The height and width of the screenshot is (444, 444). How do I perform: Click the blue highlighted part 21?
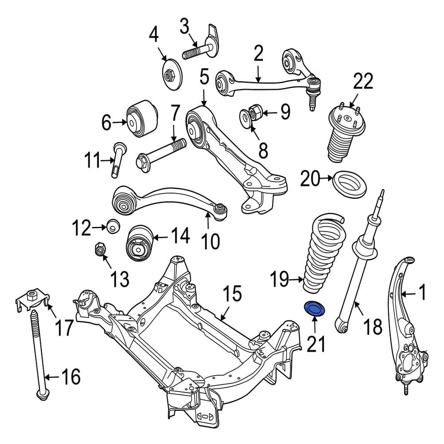pyautogui.click(x=314, y=309)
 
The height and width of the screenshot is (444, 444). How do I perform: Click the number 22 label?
pyautogui.click(x=363, y=83)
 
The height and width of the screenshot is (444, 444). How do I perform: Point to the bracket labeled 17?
pyautogui.click(x=32, y=301)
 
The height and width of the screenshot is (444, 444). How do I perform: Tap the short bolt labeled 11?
pyautogui.click(x=119, y=160)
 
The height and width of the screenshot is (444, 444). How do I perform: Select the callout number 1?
pyautogui.click(x=422, y=293)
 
